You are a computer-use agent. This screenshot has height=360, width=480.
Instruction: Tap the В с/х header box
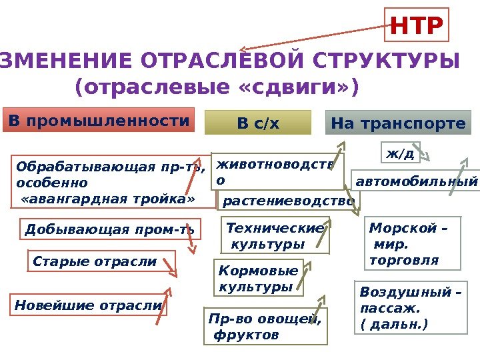(258, 123)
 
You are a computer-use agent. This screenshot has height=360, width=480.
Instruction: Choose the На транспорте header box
(398, 123)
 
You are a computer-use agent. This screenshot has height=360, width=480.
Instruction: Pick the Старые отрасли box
(101, 262)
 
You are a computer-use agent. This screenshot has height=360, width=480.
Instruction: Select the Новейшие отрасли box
(89, 305)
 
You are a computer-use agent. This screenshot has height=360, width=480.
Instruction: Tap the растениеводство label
(288, 201)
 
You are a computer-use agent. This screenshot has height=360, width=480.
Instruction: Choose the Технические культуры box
(275, 237)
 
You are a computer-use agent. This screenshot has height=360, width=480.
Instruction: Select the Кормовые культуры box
(260, 279)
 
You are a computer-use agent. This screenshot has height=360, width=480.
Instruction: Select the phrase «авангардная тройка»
(108, 199)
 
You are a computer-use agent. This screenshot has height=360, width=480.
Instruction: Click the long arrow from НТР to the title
(313, 35)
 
